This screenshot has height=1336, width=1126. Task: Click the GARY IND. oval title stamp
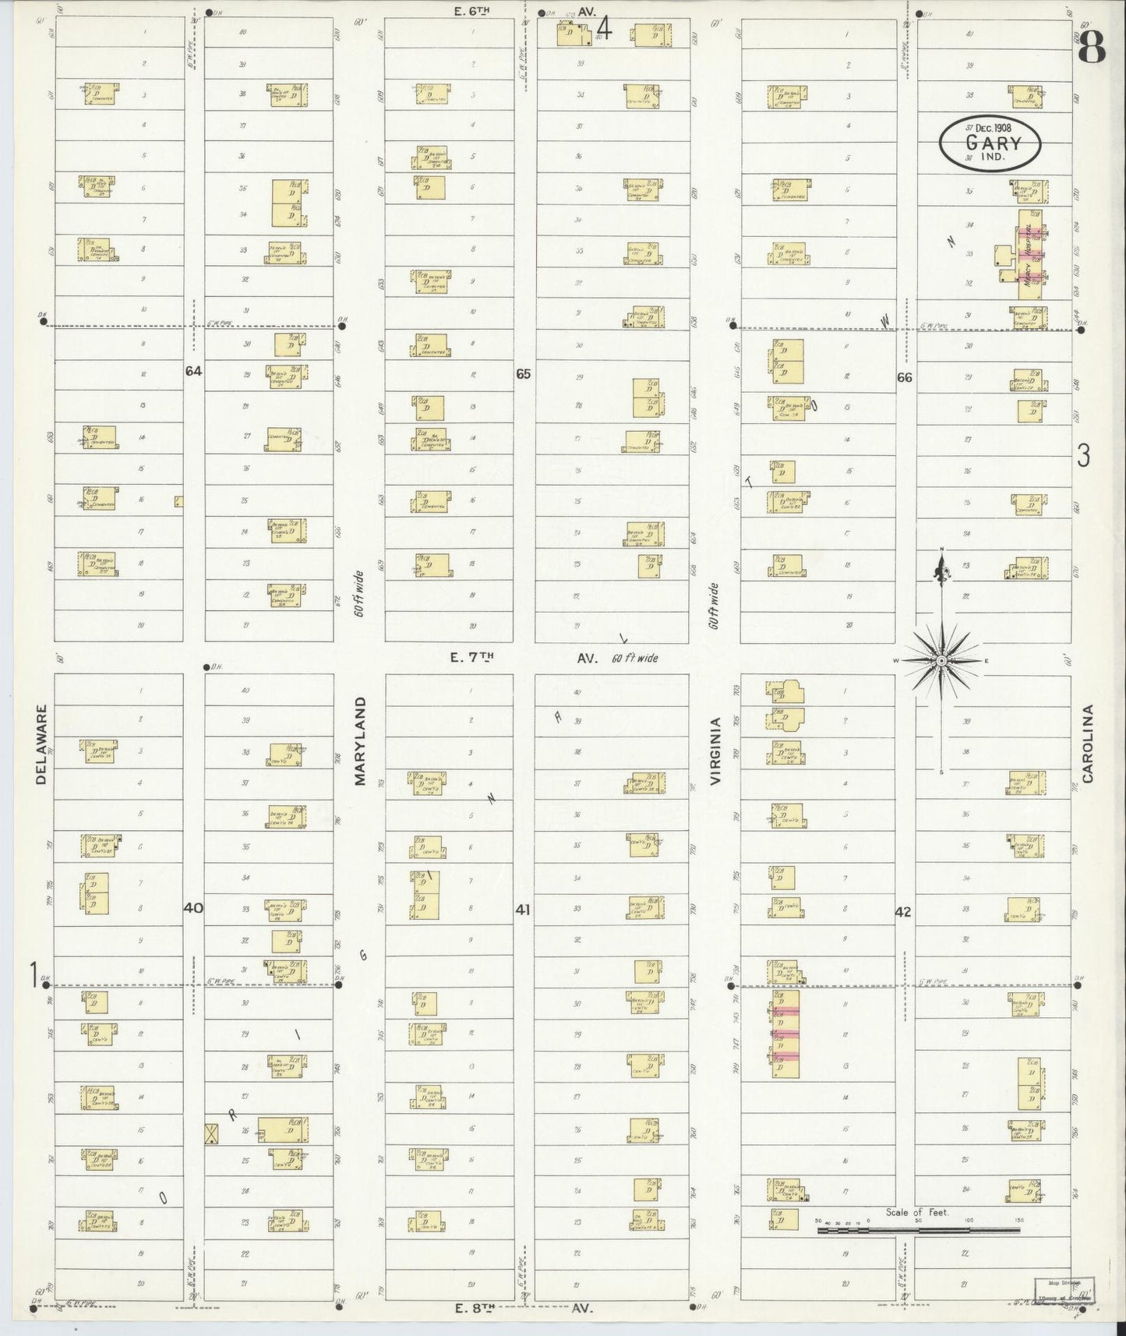pos(990,143)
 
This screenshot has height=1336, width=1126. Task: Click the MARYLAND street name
pos(360,740)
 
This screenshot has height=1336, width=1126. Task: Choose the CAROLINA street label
pos(1089,743)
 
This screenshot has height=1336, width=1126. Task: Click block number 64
pos(193,371)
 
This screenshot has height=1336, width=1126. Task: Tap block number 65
pos(523,374)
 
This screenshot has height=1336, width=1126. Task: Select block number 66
pos(904,377)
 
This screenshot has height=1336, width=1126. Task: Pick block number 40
pos(193,907)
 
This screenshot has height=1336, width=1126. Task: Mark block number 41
pos(523,909)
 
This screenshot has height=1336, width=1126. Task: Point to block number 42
pos(902,911)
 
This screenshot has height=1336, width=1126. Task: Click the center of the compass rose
pos(941,661)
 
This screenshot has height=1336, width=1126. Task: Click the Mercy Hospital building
pos(1029,258)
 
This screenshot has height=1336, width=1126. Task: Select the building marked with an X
pos(210,1133)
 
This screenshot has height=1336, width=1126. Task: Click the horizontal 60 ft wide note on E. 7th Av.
pos(635,658)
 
